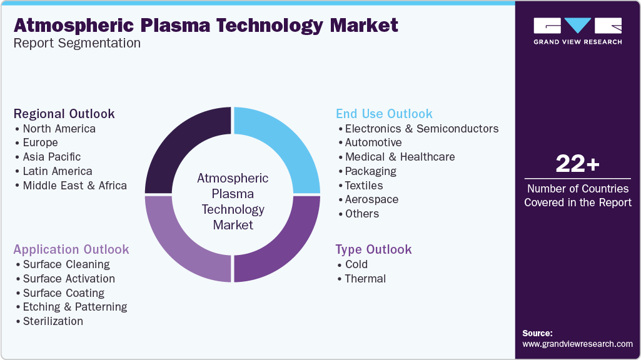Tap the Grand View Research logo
577,31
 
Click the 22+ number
577,164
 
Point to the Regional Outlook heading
64,114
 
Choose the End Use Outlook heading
384,114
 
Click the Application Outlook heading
71,249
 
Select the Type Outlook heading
373,249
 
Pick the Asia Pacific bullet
51,157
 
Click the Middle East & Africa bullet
74,186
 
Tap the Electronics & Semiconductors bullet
421,129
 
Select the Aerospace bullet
371,199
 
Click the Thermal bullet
365,279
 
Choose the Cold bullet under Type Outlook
356,264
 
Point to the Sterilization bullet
53,321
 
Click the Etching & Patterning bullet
74,307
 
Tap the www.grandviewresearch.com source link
577,344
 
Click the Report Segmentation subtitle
77,43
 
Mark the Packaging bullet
371,171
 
